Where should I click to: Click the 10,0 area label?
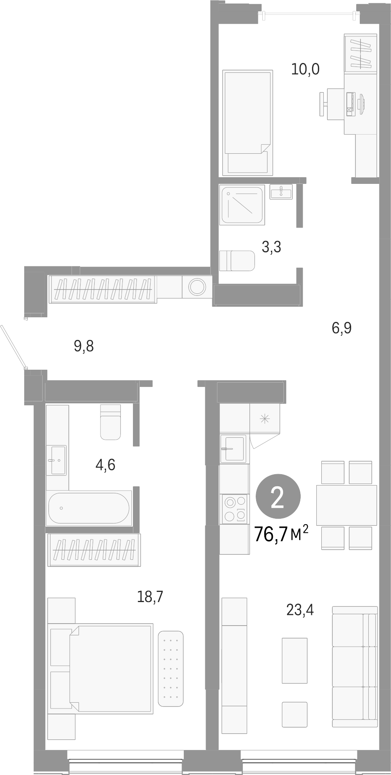pos(305,70)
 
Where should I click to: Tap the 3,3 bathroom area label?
pos(271,247)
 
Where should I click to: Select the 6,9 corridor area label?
pos(342,328)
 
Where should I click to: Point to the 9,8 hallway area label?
pos(84,346)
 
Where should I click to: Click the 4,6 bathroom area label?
pos(105,465)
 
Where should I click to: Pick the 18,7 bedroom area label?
pos(150,597)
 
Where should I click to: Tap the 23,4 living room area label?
pos(300,610)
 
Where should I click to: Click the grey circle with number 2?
pos(278,496)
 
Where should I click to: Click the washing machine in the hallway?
pos(197,287)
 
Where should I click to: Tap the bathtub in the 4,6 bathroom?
pos(88,508)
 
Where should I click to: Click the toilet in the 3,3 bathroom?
pos(237,261)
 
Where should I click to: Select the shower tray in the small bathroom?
pos(242,205)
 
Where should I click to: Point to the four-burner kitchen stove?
pos(234,509)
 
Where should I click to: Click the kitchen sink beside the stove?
pos(234,449)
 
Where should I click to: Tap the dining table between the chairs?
pos(346,505)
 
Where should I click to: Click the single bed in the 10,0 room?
pos(247,122)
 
